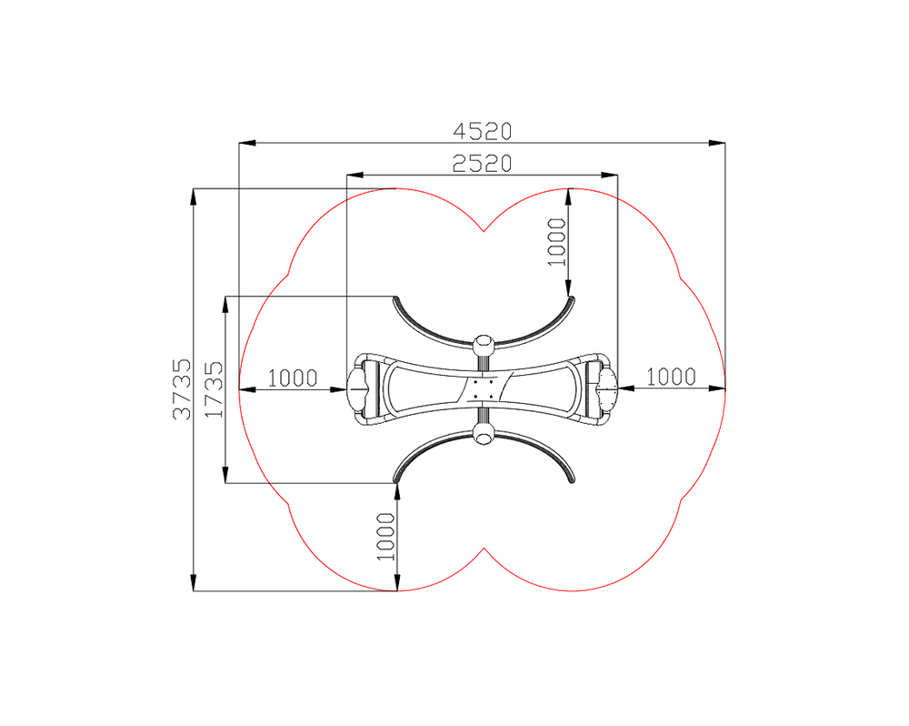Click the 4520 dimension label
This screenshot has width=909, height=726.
click(483, 132)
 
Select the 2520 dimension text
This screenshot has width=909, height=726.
click(483, 165)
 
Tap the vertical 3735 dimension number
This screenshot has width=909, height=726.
click(182, 388)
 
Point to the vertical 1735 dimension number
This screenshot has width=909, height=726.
click(214, 388)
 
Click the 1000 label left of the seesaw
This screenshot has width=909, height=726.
click(293, 378)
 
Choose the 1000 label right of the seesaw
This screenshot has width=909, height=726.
click(671, 378)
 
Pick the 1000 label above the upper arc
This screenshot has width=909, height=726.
click(556, 242)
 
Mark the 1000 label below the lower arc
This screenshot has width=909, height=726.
click(385, 537)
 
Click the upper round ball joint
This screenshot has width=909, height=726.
click(484, 347)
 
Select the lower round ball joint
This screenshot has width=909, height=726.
click(484, 433)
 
